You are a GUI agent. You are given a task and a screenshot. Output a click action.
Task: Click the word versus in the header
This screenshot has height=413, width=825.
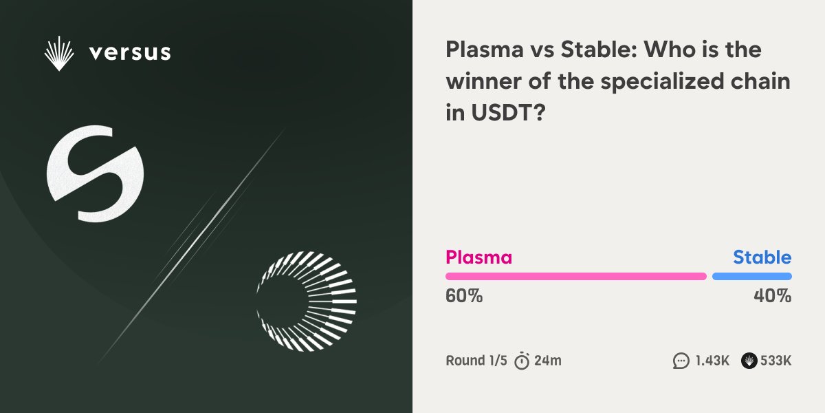click(x=130, y=52)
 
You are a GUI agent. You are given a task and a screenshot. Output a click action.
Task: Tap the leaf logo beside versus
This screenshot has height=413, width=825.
click(x=59, y=54)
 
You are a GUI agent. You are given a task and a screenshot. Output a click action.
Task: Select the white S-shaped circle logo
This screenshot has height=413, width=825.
click(x=95, y=173)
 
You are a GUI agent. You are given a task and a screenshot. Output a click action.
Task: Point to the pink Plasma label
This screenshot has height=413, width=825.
click(x=478, y=258)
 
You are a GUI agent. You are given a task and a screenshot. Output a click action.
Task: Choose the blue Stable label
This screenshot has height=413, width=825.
click(x=762, y=258)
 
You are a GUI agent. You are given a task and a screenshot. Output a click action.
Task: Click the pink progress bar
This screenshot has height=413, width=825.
click(x=575, y=276)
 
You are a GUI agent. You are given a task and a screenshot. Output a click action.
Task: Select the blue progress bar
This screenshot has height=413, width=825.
click(x=751, y=276)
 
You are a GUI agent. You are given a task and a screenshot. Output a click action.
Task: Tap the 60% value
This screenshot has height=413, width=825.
click(x=464, y=297)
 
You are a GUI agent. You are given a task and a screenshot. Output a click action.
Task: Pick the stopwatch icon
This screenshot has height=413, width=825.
click(x=522, y=360)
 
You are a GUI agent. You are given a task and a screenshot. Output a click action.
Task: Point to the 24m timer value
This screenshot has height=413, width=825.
click(x=549, y=360)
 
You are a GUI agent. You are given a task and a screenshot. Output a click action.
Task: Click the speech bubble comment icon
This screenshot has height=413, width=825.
click(x=681, y=361)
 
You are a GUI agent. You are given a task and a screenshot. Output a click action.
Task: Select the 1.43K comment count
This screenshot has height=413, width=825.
click(x=712, y=360)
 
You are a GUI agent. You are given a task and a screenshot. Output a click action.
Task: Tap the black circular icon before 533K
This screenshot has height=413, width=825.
click(x=749, y=361)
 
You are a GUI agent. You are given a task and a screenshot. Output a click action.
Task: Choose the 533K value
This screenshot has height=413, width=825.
click(x=776, y=360)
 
